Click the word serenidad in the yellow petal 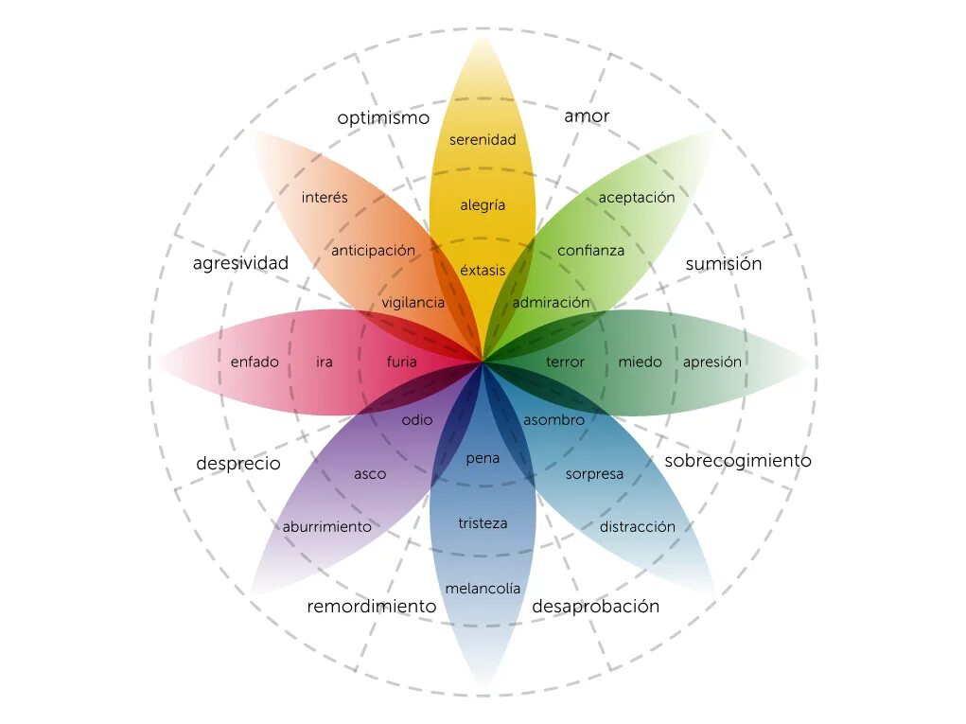(483, 140)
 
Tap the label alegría (483, 205)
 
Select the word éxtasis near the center (483, 271)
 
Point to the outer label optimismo (383, 118)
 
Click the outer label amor (587, 116)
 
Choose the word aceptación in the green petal (637, 198)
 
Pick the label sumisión (723, 264)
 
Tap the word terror (565, 362)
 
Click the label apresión (712, 362)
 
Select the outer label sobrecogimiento (738, 461)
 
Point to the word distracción (638, 526)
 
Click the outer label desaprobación (595, 607)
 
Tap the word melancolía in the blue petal (483, 589)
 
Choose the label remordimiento (371, 607)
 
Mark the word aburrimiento (327, 526)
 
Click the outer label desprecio (238, 464)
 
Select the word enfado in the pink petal (255, 362)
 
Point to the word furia (401, 362)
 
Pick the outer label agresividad (240, 264)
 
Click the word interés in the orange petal (325, 198)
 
